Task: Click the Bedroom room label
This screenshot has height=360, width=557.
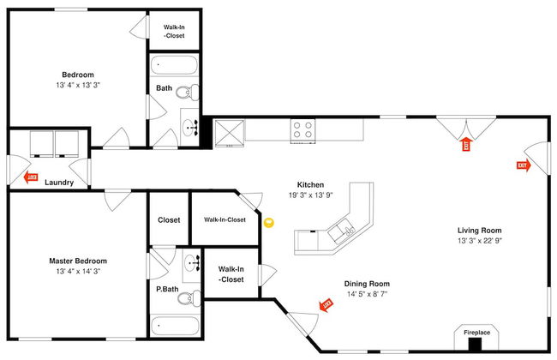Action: [77, 75]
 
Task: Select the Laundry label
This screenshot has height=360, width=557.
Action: [59, 183]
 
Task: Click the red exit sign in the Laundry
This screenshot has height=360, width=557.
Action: [32, 177]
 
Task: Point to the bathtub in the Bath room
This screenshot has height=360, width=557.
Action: [175, 66]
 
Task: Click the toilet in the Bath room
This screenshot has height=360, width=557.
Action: [189, 95]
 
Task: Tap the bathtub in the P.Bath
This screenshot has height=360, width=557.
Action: [175, 326]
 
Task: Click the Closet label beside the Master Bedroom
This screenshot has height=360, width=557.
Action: [169, 219]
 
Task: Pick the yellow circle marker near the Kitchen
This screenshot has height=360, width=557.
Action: [268, 224]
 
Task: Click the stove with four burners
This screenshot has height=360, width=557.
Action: [302, 129]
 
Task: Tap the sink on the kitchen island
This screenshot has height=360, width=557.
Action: [346, 229]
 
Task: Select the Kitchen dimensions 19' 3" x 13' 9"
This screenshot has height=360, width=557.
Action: [309, 196]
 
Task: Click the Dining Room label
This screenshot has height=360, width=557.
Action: [367, 284]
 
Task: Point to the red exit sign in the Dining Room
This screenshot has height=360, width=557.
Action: [326, 304]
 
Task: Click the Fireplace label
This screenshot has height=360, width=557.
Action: [477, 332]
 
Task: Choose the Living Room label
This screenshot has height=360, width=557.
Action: [479, 230]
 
